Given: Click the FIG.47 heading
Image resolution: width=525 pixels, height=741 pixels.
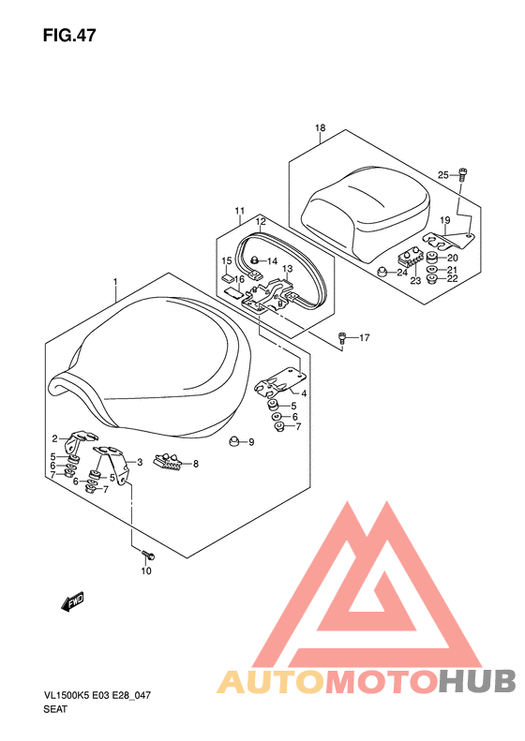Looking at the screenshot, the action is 69,36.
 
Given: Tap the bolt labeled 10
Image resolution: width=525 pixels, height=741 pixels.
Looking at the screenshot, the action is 148,554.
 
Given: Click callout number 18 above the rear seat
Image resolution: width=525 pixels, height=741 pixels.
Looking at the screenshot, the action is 321,128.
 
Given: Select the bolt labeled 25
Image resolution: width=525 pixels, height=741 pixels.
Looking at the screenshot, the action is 462,174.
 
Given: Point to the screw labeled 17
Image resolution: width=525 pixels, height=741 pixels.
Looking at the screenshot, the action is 342,338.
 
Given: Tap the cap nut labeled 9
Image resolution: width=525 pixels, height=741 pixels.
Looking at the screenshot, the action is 232,440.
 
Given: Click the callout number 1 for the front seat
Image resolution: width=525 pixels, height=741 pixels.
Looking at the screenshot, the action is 115,282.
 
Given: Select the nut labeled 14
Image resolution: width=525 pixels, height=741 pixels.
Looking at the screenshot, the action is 255,259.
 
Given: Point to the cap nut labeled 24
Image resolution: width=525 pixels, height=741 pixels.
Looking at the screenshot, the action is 382,272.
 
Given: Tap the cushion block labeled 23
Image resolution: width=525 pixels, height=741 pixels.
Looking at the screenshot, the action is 410,259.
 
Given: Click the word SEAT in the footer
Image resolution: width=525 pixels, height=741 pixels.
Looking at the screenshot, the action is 55,709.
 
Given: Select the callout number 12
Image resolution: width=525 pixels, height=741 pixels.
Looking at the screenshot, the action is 261,221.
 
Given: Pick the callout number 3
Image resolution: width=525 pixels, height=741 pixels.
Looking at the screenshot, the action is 140,463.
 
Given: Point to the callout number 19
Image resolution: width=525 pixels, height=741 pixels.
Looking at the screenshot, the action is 444,220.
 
